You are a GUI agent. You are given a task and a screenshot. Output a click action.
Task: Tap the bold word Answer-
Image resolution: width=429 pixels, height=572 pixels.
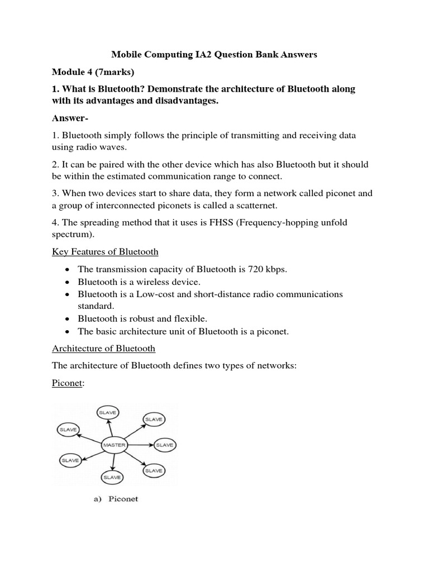tap(71, 118)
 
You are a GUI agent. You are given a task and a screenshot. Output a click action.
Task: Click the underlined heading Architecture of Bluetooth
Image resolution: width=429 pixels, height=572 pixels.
tap(103, 349)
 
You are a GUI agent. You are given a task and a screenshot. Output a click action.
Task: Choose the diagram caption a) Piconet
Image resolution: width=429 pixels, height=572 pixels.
tap(115, 498)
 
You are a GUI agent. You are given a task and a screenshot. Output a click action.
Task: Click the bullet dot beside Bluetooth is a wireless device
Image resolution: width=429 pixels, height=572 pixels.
tap(67, 282)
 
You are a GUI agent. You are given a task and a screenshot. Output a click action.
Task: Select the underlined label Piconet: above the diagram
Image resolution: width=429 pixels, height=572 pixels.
tap(67, 385)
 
